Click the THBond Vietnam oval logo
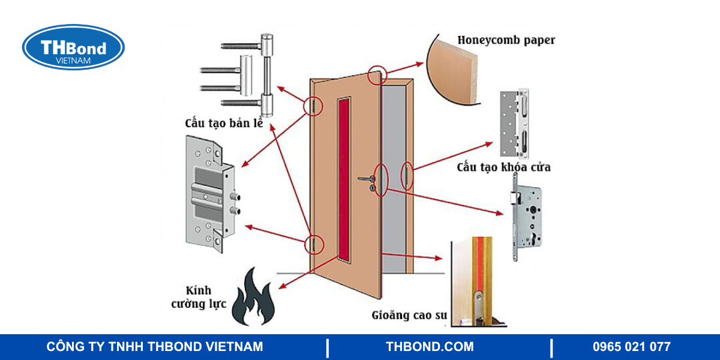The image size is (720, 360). tap(73, 47)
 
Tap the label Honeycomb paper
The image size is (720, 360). tap(506, 40)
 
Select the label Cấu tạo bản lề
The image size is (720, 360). tap(226, 124)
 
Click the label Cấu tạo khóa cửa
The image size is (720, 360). tap(503, 167)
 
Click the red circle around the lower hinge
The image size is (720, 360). tap(313, 244)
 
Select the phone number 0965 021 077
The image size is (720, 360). tap(631, 347)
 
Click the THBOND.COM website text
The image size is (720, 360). tap(430, 347)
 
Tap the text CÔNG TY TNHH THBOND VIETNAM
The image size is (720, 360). tap(155, 347)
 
